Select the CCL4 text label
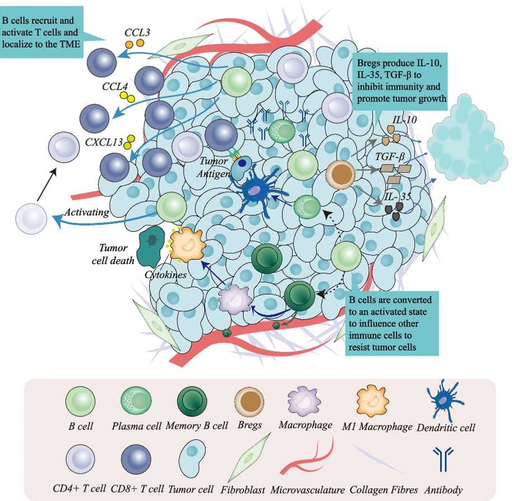(x=115, y=87)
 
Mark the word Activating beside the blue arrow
(x=86, y=213)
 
